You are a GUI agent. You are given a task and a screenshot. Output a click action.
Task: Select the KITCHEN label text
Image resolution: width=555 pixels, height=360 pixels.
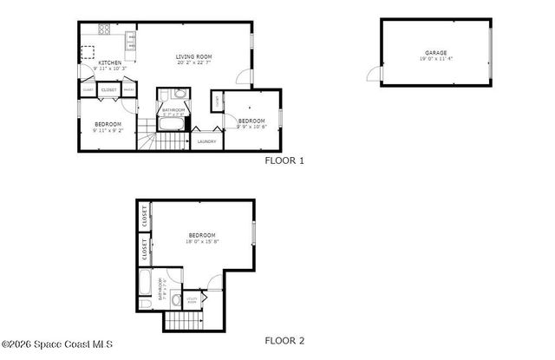pos(109,63)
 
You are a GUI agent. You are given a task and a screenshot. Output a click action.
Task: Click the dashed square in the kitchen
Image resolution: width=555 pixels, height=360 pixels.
pos(88,53)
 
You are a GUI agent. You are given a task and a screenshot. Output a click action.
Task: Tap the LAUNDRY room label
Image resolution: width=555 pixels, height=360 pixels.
pos(206,141)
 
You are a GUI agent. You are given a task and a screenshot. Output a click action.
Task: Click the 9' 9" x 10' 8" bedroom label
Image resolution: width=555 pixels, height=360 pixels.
pos(251,122)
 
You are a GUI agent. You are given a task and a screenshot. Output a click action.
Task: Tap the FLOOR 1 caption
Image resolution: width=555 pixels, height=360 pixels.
pos(284,160)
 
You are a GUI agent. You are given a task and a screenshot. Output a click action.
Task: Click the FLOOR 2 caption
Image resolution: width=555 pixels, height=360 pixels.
pos(284,341)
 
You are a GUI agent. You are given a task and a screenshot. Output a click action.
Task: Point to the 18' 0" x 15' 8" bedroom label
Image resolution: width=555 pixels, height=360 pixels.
pos(202,239)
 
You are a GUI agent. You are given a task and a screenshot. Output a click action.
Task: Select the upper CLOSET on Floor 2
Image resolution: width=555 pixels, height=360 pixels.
pos(145,219)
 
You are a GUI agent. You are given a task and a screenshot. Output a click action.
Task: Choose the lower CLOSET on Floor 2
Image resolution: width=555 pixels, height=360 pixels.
pos(145,251)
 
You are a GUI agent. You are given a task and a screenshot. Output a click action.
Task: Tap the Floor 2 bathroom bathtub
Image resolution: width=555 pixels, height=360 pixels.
pos(146,284)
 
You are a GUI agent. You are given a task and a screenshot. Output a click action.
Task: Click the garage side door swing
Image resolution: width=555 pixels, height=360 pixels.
pos(374,75)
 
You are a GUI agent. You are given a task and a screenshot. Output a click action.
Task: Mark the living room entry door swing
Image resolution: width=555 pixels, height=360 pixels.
pos(244,79)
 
